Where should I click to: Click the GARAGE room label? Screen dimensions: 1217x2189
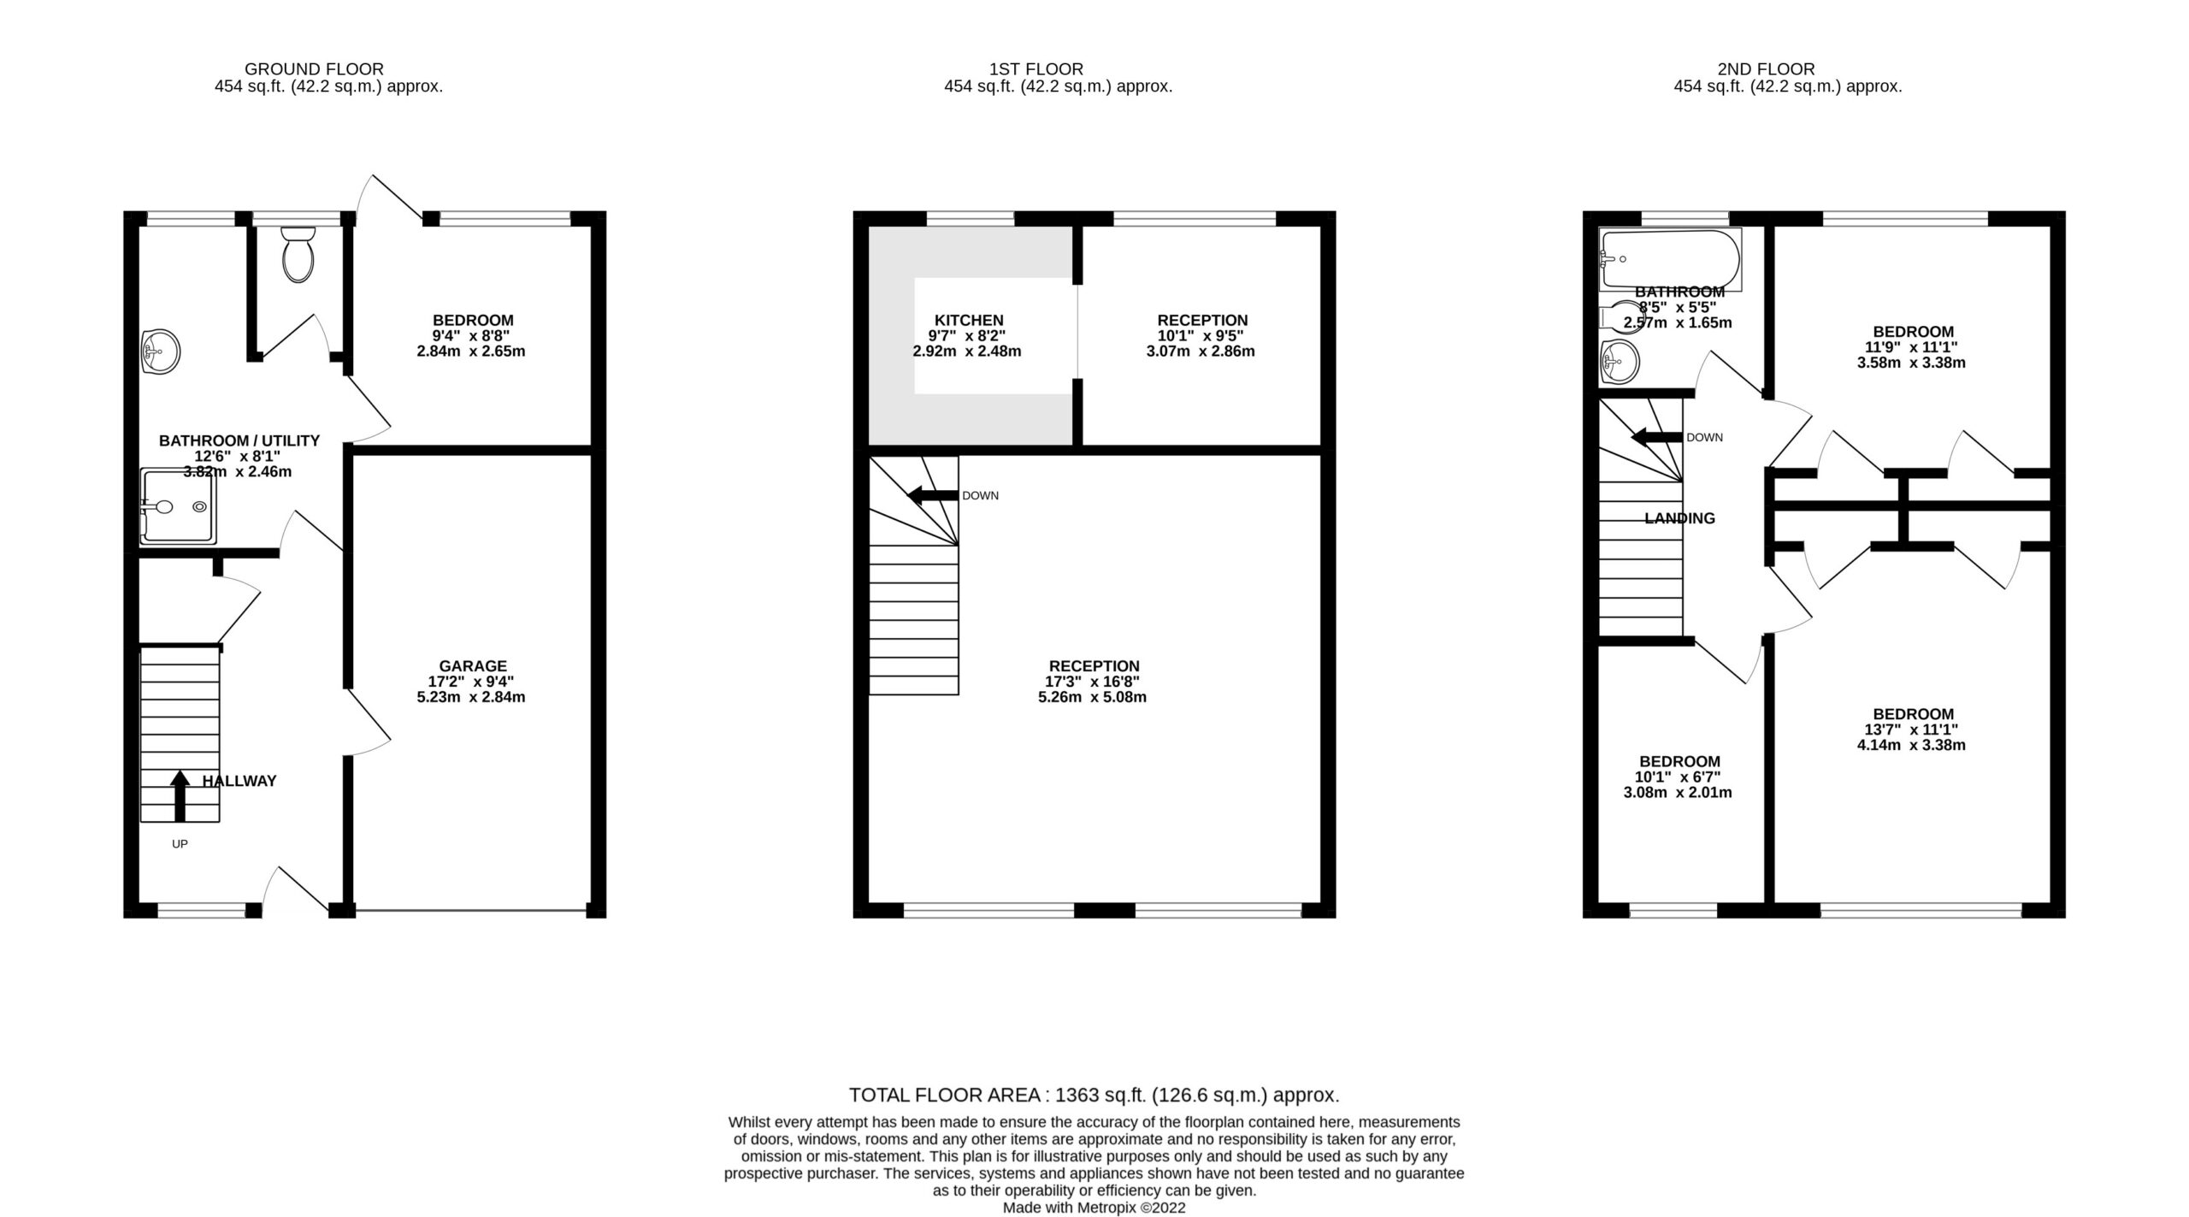473,665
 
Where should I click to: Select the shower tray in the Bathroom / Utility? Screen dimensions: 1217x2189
178,506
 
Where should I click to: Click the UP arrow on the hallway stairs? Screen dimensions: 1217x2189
180,795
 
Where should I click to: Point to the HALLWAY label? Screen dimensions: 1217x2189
239,781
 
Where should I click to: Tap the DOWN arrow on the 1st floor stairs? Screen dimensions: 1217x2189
932,495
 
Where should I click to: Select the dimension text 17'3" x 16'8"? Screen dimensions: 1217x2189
1093,682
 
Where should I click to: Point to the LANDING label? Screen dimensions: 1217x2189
1679,518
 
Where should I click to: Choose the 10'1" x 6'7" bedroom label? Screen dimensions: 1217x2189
1679,761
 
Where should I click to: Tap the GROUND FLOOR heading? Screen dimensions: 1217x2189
314,68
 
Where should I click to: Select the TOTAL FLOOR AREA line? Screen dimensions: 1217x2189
1094,1095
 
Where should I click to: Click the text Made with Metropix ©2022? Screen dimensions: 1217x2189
1094,1208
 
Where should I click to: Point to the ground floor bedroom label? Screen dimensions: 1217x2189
473,321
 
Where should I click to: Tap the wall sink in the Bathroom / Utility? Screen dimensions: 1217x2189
160,351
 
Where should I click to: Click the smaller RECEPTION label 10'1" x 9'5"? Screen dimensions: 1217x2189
1201,321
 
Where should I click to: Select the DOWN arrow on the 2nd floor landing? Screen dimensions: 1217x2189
1657,437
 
